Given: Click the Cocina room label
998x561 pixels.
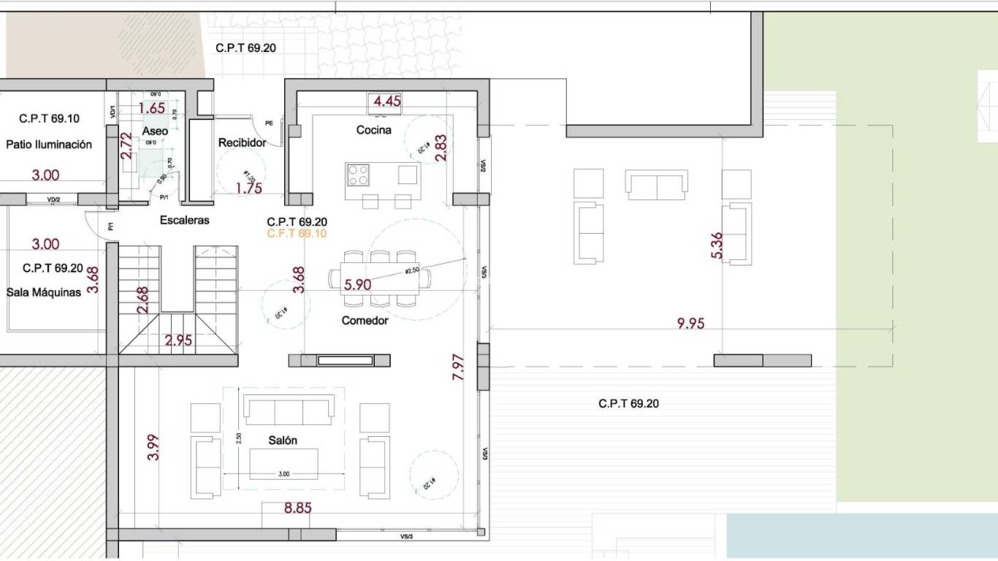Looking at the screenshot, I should pos(373,130).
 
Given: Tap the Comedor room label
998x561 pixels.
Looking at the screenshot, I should pos(365,320).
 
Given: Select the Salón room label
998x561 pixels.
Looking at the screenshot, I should pos(282,440).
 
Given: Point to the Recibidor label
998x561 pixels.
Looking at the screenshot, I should pos(242,143).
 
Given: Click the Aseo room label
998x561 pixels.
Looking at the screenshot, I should pos(155,131).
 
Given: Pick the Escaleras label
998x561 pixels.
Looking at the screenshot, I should pos(184,220).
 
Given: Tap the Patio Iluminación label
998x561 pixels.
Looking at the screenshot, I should pos(49,145).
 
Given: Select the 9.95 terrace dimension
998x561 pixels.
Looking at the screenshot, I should pos(690,323).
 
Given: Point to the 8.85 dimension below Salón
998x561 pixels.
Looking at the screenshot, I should pos(298,508).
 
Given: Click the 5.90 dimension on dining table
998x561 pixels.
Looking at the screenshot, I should pos(357,285).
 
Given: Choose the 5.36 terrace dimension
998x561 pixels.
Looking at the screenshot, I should pos(717,245).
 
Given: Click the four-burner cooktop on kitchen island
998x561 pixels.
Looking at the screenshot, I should pos(358,175).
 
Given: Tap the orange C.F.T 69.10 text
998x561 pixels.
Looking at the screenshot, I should pos(297,234).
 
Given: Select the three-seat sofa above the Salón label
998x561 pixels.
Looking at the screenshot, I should pos(289,411).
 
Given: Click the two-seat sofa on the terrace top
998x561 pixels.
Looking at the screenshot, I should pos(656,185).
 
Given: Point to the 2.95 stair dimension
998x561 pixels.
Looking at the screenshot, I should pos(178,340).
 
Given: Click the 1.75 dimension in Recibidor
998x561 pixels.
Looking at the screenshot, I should pos(248,188).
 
